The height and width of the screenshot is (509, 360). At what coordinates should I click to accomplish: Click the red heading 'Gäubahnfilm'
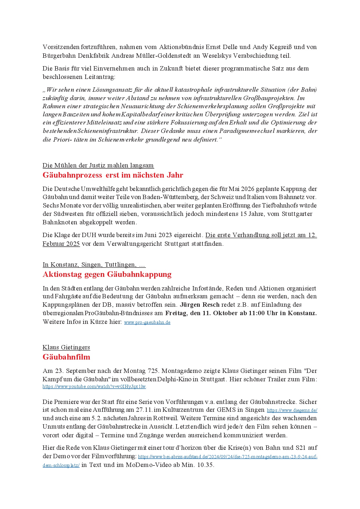click(66, 357)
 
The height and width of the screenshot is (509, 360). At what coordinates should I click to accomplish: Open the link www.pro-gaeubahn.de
click(147, 322)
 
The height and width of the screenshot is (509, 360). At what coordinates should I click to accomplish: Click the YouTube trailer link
click(94, 387)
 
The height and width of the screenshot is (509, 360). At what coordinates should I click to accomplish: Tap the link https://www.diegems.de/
click(292, 410)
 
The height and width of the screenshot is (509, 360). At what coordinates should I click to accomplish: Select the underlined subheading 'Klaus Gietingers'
click(66, 347)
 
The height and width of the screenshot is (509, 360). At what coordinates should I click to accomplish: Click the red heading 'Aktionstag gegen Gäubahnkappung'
click(107, 274)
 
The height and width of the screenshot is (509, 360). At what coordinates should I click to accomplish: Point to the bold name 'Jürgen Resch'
click(199, 305)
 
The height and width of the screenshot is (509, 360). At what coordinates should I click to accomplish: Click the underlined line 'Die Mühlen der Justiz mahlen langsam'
click(98, 165)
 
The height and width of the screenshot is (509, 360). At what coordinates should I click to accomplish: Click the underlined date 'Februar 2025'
click(61, 244)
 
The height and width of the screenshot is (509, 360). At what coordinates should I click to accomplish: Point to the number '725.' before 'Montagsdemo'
click(154, 371)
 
